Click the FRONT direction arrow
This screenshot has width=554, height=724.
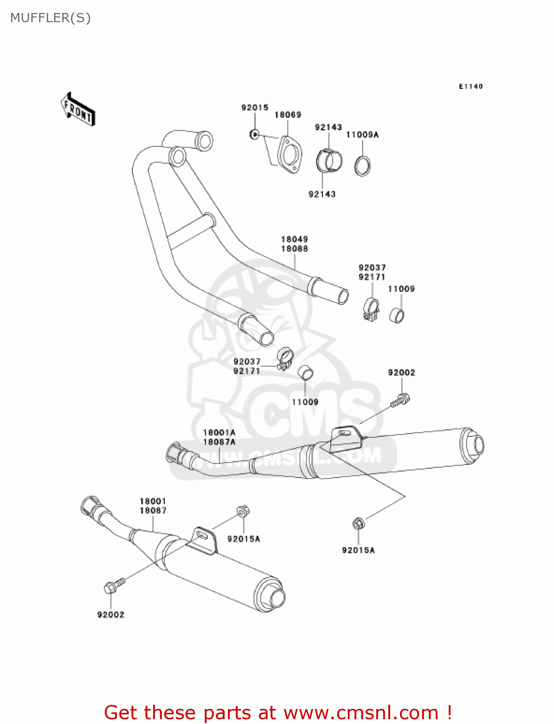(x=78, y=110)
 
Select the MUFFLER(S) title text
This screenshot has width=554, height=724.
(x=50, y=18)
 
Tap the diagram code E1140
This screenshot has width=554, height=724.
(x=470, y=86)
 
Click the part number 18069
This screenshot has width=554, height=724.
(x=288, y=115)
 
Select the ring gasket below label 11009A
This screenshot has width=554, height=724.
(x=363, y=166)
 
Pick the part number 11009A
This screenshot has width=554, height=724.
(x=362, y=135)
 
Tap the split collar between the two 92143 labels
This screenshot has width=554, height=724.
(x=329, y=161)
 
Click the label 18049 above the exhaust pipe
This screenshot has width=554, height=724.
(x=295, y=239)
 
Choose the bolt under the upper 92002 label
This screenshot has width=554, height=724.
(x=400, y=400)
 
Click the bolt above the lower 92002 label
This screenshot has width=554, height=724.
(x=113, y=586)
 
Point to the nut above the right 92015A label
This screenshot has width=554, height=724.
(x=357, y=523)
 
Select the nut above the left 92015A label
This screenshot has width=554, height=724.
(x=242, y=511)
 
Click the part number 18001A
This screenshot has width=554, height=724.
(x=219, y=433)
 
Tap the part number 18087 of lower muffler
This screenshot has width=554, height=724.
(x=153, y=511)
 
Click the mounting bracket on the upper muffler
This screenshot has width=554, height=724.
(x=346, y=437)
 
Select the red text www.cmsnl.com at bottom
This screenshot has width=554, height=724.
(x=360, y=713)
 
